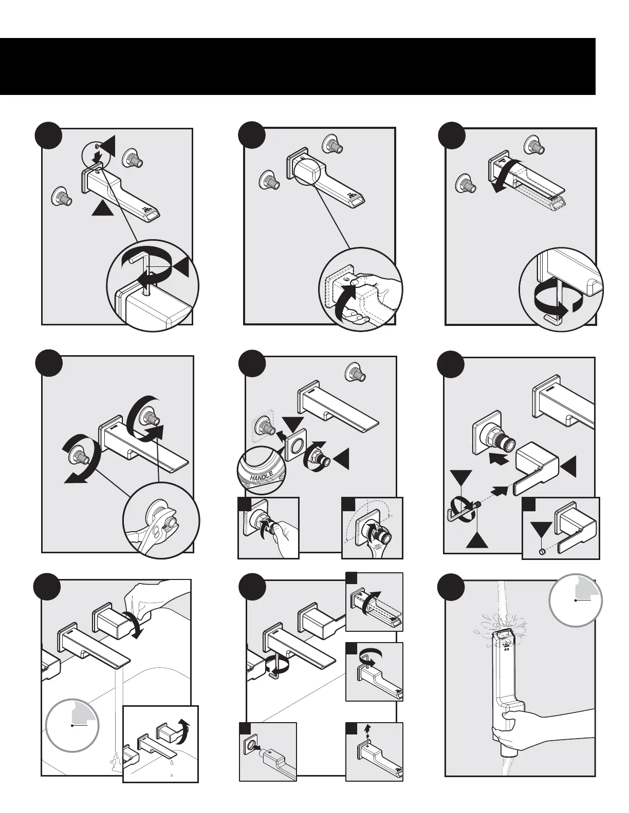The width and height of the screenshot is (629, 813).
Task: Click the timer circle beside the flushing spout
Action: coord(576,599)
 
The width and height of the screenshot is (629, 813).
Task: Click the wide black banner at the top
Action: coord(298,66)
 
